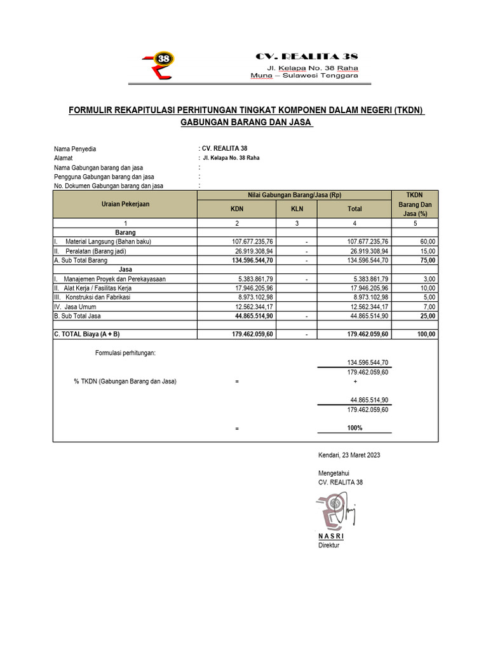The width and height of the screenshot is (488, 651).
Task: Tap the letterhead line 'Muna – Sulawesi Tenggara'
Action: [304, 75]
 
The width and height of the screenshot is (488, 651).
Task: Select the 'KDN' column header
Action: [236, 208]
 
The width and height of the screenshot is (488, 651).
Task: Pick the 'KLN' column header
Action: [297, 208]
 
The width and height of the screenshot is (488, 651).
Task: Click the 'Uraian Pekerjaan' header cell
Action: [125, 203]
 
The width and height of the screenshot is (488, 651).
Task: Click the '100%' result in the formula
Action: [355, 428]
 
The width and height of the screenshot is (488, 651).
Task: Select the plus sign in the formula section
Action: [355, 381]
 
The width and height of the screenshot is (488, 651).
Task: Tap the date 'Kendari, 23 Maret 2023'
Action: [349, 455]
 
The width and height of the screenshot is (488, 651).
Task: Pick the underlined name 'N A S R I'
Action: [330, 537]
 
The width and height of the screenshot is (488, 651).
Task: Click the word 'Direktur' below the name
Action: [329, 545]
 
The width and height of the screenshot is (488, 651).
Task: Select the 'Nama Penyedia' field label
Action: [75, 149]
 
